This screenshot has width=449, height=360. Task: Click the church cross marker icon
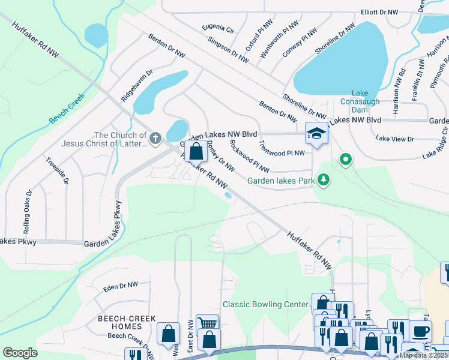[155, 139]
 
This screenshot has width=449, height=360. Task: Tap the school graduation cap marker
[316, 133]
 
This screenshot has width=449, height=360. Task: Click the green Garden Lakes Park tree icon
[324, 179]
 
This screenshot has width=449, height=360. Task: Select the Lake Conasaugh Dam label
[360, 97]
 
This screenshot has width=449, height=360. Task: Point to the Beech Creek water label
[68, 108]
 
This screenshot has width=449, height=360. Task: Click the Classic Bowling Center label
[265, 304]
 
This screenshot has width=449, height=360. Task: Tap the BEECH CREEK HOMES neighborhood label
[124, 322]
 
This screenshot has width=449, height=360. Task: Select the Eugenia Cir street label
[218, 28]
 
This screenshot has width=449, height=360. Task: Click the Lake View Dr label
[394, 139]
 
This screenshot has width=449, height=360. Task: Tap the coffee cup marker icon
[420, 330]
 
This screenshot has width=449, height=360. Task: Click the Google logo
[20, 353]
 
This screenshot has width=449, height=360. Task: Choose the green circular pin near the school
[345, 160]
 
